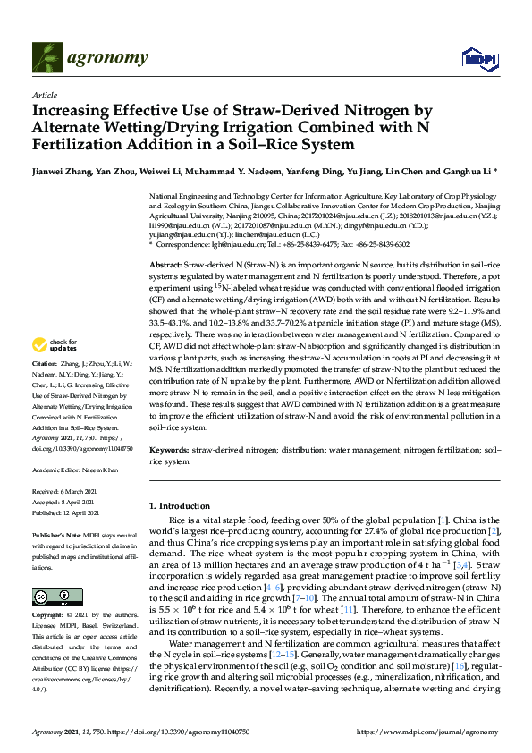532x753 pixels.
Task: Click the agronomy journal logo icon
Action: point(46,58)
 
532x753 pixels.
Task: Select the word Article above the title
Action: point(44,95)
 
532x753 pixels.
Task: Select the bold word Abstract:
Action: point(165,267)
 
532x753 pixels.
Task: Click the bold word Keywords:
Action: point(168,452)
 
